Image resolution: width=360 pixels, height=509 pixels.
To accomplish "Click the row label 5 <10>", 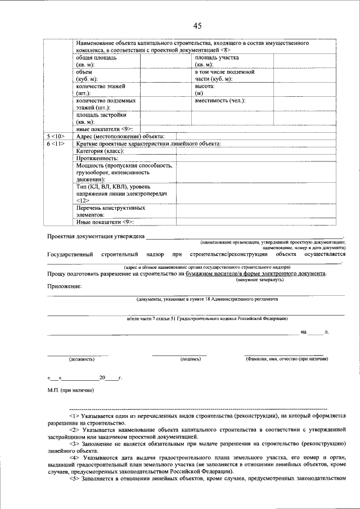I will pyautogui.click(x=55, y=137).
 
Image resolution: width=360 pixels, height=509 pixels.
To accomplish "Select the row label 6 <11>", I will pyautogui.click(x=55, y=144).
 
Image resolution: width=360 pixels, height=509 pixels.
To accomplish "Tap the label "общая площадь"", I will pyautogui.click(x=96, y=58).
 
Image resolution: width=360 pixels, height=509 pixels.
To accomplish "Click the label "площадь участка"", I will pyautogui.click(x=217, y=58).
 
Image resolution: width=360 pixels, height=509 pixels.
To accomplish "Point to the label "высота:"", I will pyautogui.click(x=205, y=87).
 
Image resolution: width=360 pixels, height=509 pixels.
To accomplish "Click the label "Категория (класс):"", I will pyautogui.click(x=100, y=151).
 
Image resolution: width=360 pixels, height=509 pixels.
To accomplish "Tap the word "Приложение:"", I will pyautogui.click(x=64, y=286).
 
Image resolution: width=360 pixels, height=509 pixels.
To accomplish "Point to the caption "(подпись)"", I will pyautogui.click(x=191, y=358).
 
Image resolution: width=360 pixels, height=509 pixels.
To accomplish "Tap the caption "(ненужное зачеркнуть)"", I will pyautogui.click(x=259, y=280).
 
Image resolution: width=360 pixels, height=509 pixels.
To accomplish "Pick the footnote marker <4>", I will pyautogui.click(x=75, y=458).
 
